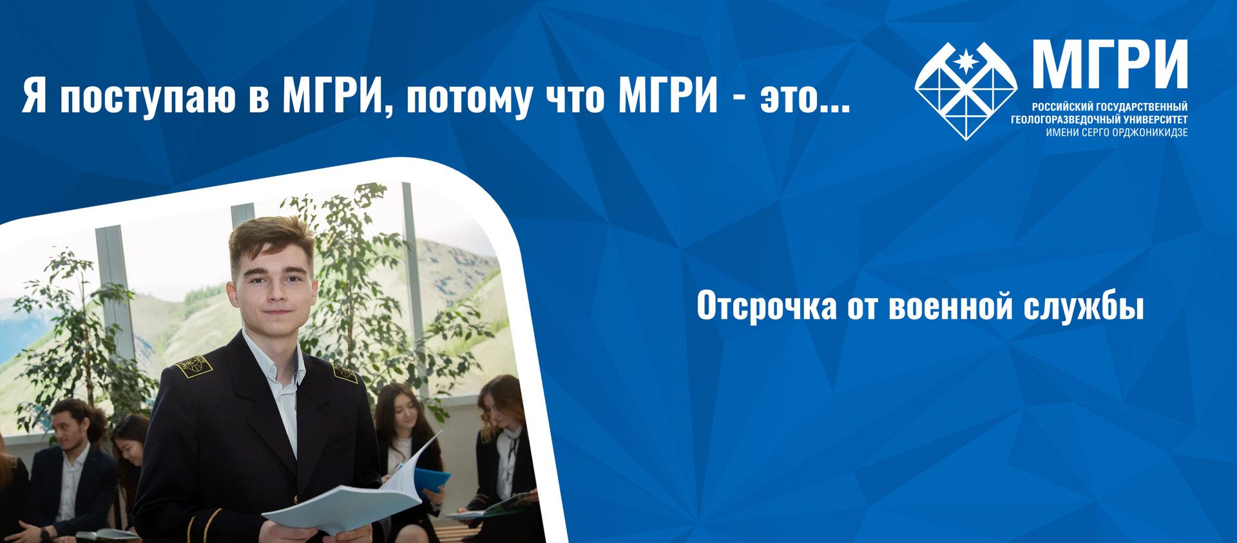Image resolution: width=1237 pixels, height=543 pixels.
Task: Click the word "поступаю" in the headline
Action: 148,98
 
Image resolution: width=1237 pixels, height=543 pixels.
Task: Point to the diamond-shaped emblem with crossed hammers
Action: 966,90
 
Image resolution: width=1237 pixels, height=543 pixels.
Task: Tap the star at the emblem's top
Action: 966,61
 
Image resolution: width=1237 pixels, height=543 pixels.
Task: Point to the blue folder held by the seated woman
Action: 430,481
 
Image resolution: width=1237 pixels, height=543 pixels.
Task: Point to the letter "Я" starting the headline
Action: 35,97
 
